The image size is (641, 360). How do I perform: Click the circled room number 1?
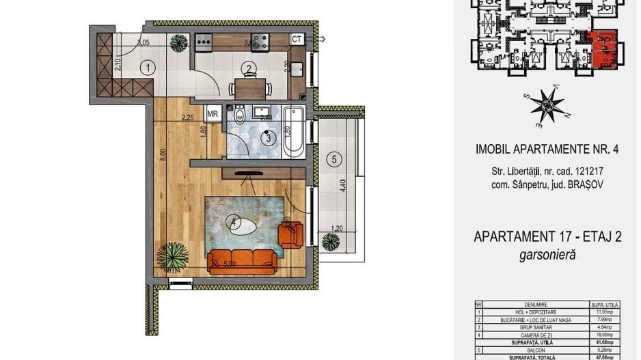pyautogui.click(x=148, y=68)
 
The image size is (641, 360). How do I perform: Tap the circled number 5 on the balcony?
pyautogui.click(x=333, y=160)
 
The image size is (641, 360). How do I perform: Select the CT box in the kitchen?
pyautogui.click(x=297, y=40)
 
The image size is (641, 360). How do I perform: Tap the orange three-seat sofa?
pyautogui.click(x=242, y=260)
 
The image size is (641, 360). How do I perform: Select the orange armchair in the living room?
pyautogui.click(x=290, y=234)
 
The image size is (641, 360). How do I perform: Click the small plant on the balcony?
pyautogui.click(x=331, y=241)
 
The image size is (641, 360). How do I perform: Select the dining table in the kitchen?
pyautogui.click(x=249, y=88)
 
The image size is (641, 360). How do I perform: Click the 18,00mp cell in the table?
pyautogui.click(x=603, y=335)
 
